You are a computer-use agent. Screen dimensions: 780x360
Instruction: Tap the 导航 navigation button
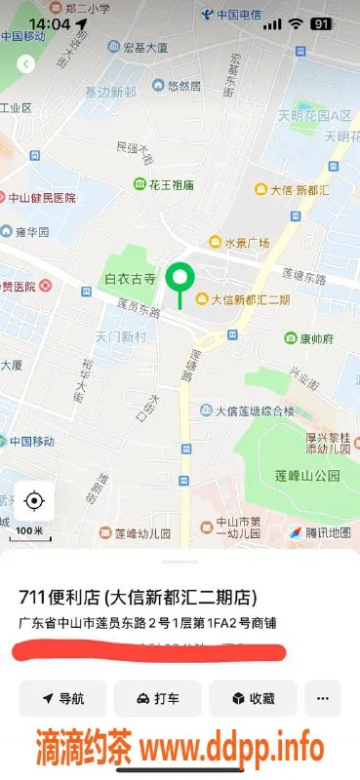click(61, 698)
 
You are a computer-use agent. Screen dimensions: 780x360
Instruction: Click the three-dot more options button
click(323, 698)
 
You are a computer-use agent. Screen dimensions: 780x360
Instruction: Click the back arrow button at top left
click(26, 63)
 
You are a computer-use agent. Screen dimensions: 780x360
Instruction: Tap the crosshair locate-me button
click(34, 501)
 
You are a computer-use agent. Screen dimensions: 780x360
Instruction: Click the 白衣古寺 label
click(130, 279)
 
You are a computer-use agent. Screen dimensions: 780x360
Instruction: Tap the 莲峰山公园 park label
click(307, 476)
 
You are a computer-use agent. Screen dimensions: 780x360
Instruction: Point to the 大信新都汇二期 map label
click(250, 299)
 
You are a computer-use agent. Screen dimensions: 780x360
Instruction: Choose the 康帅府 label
click(316, 338)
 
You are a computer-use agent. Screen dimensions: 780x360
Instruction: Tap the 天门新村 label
click(120, 336)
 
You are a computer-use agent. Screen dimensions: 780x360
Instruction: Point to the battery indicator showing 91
click(320, 22)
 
